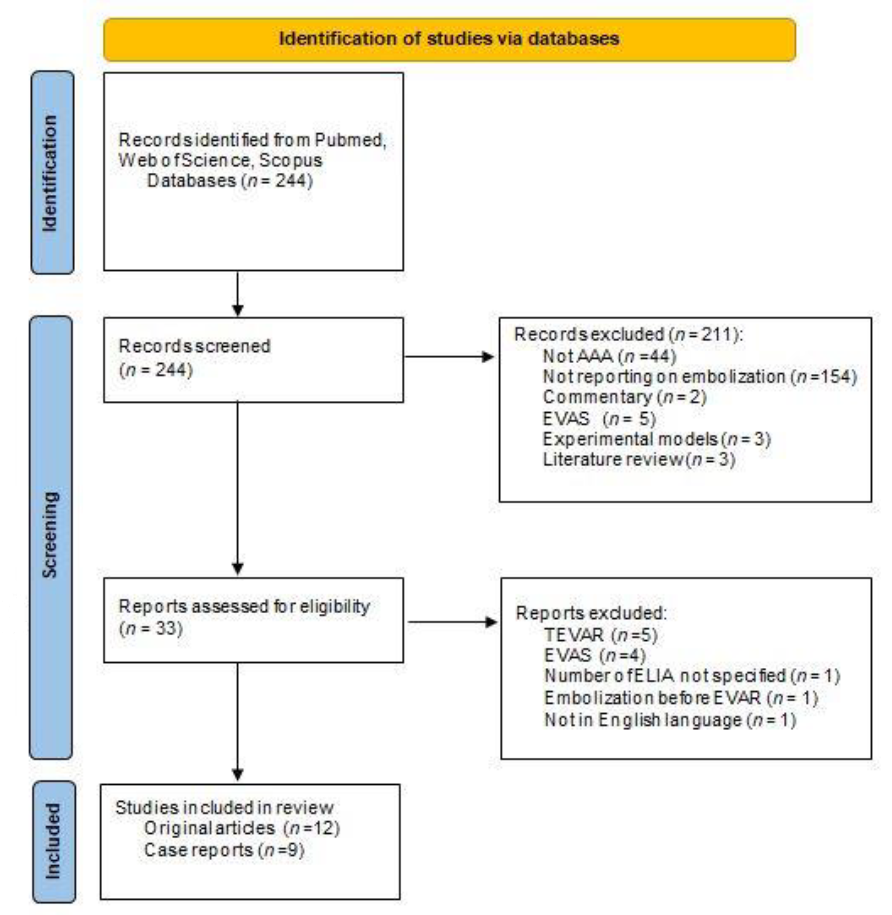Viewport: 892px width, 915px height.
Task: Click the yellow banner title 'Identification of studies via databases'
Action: click(x=449, y=39)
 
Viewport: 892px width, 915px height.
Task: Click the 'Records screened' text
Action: click(x=194, y=346)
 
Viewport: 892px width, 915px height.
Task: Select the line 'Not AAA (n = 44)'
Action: click(x=609, y=356)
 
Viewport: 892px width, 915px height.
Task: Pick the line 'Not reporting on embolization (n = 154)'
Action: click(x=700, y=377)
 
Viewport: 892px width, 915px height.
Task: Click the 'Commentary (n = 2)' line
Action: click(x=624, y=397)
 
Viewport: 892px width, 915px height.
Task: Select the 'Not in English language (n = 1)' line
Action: click(x=670, y=719)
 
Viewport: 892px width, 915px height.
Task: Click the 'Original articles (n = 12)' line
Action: click(x=241, y=828)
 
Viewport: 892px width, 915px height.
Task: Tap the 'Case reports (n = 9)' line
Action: click(x=224, y=850)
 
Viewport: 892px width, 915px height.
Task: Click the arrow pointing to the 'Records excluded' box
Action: click(x=449, y=357)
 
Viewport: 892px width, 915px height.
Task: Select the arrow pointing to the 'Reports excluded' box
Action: click(x=452, y=622)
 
